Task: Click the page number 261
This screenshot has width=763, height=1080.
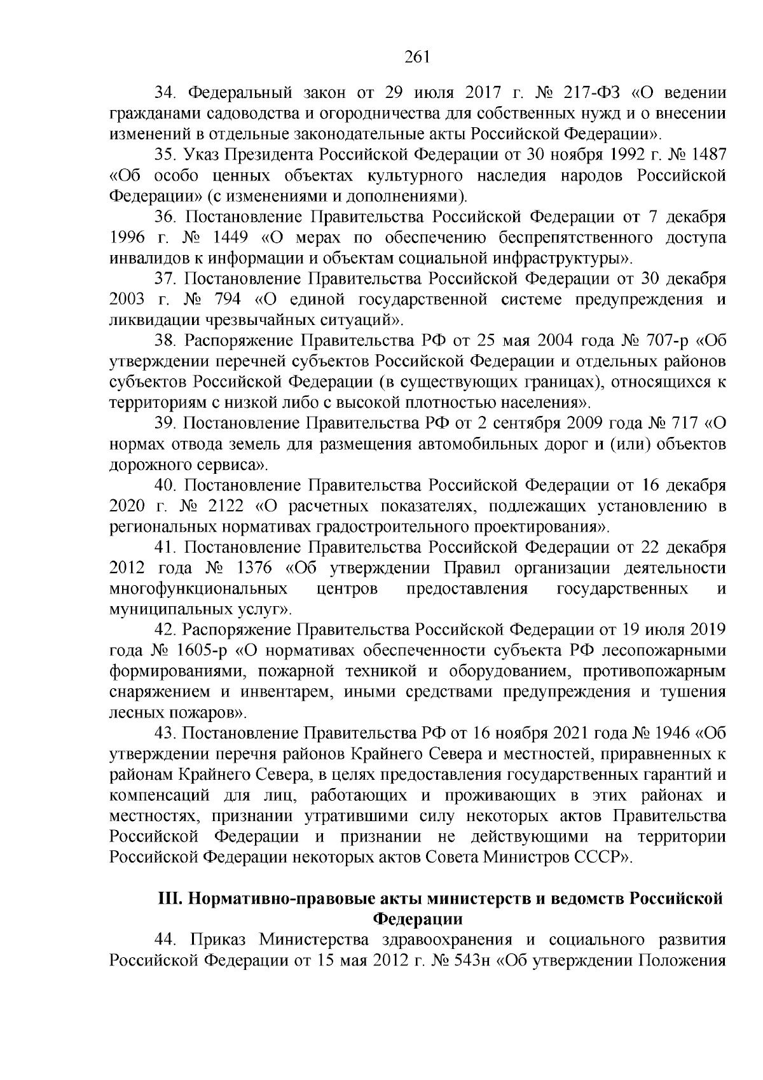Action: click(x=417, y=57)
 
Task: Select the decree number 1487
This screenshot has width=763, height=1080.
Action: click(x=706, y=155)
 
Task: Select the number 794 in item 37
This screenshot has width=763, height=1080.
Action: click(x=228, y=300)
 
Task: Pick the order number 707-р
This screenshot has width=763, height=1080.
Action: click(x=661, y=341)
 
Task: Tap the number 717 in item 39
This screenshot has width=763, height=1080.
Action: click(x=686, y=424)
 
